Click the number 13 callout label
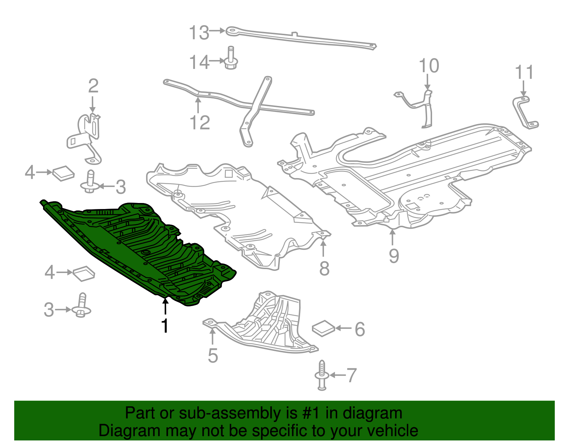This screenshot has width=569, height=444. [x=198, y=33]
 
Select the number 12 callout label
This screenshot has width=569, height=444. [x=200, y=123]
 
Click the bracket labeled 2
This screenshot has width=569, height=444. [x=87, y=137]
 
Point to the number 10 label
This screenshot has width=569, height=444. [x=429, y=66]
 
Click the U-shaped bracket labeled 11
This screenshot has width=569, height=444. [x=525, y=112]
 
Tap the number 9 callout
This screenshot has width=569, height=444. [x=394, y=256]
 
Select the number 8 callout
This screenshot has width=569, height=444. [x=324, y=269]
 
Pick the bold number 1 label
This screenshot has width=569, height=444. [x=165, y=326]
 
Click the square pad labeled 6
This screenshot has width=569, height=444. [x=323, y=328]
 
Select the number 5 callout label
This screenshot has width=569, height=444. [x=213, y=356]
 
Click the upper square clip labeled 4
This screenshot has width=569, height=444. [x=63, y=173]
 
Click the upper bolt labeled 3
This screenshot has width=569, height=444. [x=90, y=182]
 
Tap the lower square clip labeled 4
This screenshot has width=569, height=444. [x=84, y=273]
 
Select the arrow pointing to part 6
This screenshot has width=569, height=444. [x=344, y=328]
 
